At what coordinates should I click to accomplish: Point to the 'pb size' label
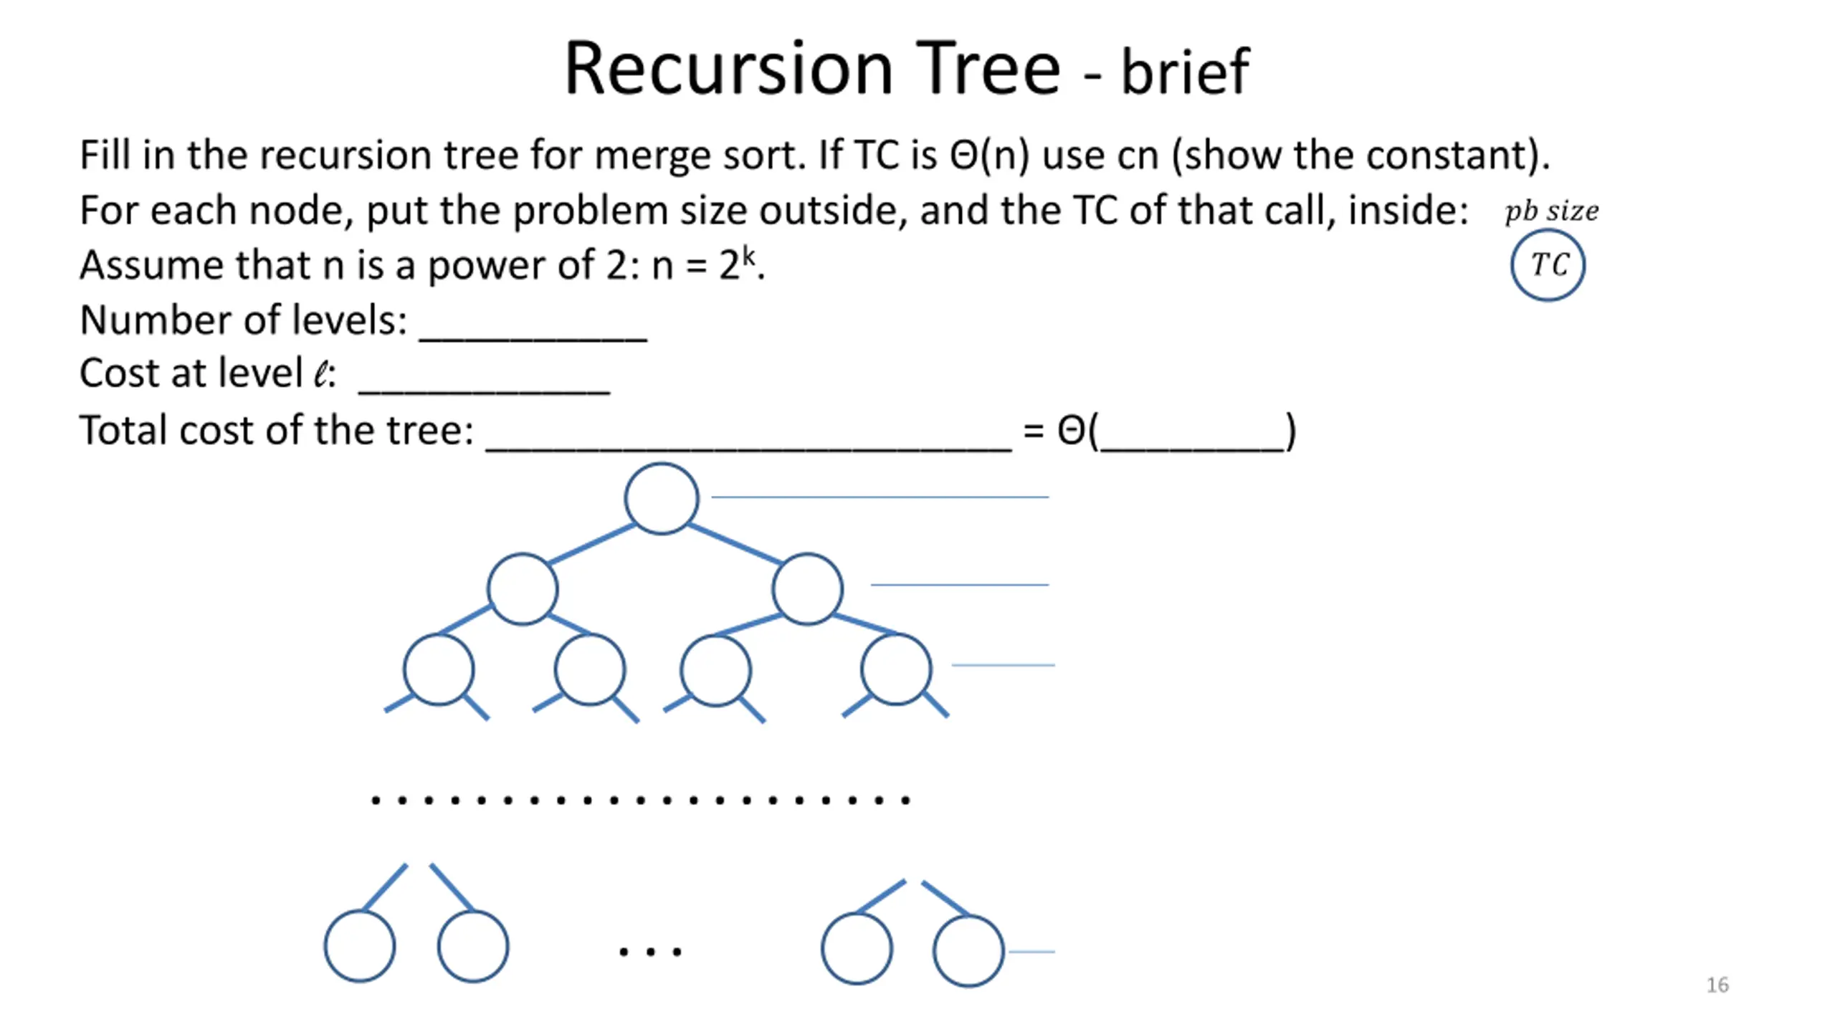click(1551, 211)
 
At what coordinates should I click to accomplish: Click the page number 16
click(1717, 985)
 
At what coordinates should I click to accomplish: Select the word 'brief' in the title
click(1185, 71)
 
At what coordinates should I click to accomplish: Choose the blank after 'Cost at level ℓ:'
click(484, 392)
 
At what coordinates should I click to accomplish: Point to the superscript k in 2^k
click(748, 255)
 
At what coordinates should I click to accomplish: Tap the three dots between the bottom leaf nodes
click(650, 952)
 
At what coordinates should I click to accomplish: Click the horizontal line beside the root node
click(880, 496)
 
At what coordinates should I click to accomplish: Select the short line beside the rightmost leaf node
click(1031, 951)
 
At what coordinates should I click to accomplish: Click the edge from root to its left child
click(591, 544)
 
